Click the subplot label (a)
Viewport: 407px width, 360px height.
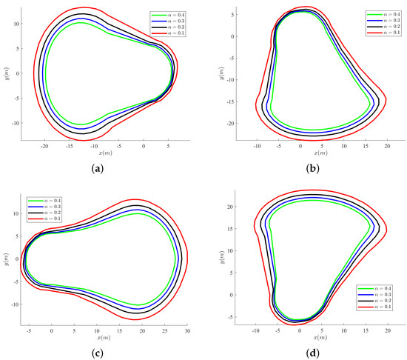click(100, 168)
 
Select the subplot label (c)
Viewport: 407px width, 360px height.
click(100, 352)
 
